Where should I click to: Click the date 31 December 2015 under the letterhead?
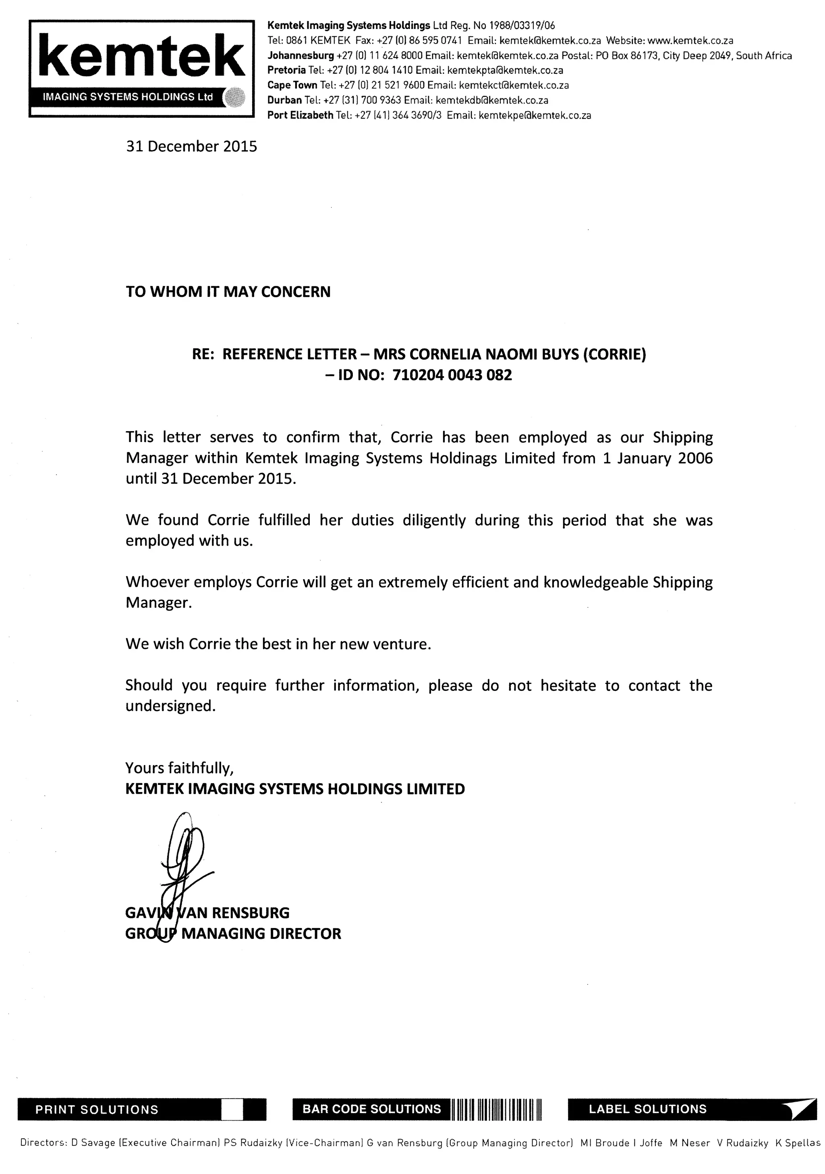[x=192, y=147]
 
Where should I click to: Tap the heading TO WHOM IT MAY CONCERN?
[x=228, y=292]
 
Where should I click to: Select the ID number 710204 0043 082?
[x=452, y=375]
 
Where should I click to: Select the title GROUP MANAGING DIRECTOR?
[x=233, y=934]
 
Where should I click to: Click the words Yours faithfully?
[x=179, y=768]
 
